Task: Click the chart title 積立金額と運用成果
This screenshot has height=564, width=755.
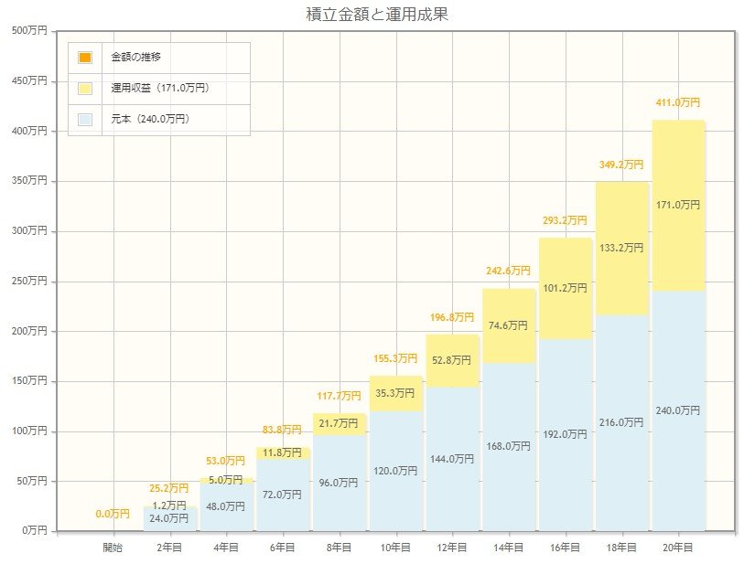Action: pos(377,15)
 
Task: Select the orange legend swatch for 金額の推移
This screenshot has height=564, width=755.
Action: pos(85,58)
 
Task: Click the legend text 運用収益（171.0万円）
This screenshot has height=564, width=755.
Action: pos(160,89)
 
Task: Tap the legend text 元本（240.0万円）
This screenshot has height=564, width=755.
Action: pos(150,119)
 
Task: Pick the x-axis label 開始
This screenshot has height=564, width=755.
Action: pos(113,547)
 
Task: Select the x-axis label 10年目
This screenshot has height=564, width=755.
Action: pos(395,547)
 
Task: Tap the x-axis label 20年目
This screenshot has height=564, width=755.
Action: pos(678,547)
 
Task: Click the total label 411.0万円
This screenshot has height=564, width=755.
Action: pos(678,103)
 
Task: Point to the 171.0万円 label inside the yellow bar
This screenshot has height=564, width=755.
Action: pos(678,205)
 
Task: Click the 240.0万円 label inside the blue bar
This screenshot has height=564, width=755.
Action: pos(678,410)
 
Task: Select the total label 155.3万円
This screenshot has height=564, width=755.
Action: pos(395,358)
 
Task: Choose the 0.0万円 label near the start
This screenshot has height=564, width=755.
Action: pos(113,514)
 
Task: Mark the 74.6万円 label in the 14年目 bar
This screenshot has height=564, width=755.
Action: pos(509,325)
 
